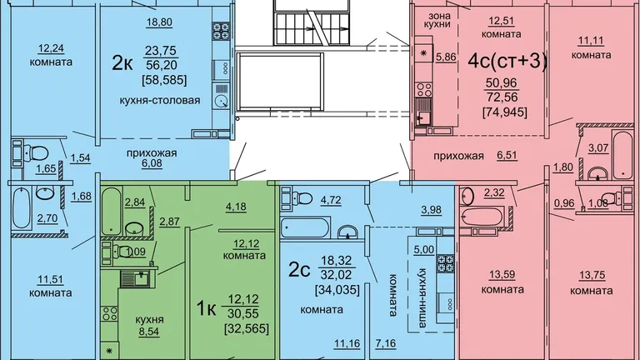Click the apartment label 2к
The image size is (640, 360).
click(122, 63)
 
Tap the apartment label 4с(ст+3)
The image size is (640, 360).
click(507, 61)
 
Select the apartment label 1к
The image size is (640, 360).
click(206, 308)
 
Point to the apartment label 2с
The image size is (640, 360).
click(299, 270)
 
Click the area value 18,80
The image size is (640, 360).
click(159, 22)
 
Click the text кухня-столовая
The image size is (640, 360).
click(160, 100)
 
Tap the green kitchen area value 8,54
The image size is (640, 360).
click(148, 332)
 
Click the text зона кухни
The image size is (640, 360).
click(440, 20)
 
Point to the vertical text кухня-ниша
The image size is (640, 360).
click(422, 298)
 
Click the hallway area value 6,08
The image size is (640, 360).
click(152, 163)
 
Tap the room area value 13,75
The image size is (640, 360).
click(592, 276)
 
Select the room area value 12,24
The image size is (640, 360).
click(51, 49)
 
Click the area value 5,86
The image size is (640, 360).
click(446, 57)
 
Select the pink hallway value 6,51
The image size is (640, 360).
click(507, 156)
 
